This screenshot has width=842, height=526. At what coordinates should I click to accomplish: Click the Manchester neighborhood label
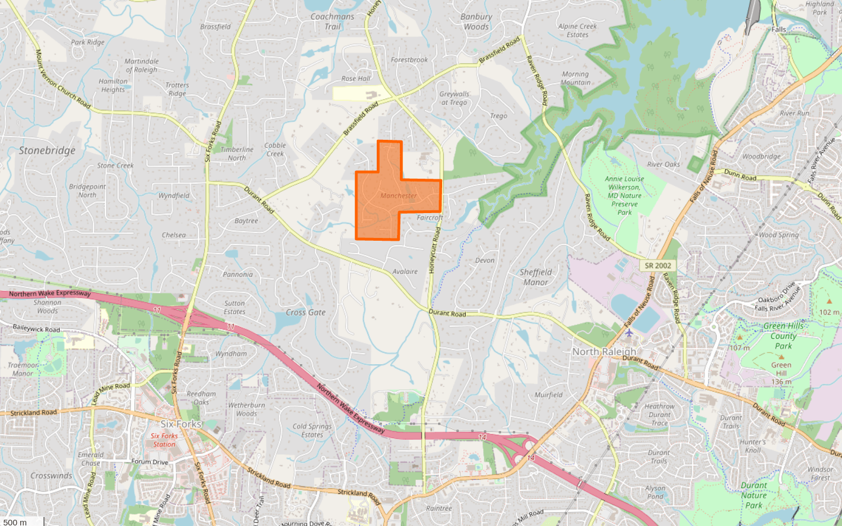point(399,196)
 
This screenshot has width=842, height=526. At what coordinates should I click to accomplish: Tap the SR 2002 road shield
point(658,266)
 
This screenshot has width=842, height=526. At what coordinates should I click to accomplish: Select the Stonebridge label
point(47,151)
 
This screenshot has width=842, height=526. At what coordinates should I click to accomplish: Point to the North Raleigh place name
point(604,351)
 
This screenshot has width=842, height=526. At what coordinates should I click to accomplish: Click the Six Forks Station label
point(164,440)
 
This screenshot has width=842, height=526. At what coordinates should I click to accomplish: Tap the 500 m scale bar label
point(15,522)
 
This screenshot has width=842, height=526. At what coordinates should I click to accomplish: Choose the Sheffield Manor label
point(536,277)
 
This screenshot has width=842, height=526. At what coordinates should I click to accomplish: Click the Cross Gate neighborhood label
point(306,312)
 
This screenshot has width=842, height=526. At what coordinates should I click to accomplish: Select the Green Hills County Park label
point(783,335)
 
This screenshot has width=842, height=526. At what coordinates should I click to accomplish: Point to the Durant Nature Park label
point(754,495)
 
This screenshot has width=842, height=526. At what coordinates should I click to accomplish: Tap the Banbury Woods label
point(476,21)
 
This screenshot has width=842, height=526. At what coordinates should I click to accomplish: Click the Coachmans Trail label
point(332,21)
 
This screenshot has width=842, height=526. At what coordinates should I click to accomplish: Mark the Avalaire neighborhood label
point(405,272)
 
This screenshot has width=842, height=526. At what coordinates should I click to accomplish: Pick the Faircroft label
point(430,218)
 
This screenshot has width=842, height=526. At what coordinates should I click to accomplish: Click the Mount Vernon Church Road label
point(63,79)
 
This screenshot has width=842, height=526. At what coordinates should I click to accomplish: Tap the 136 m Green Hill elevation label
point(781,382)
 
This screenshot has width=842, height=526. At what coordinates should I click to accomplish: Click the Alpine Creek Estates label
point(578,30)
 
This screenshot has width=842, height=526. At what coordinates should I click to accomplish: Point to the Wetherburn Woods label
point(246,409)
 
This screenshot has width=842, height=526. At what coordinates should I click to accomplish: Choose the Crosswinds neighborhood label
point(51,476)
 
